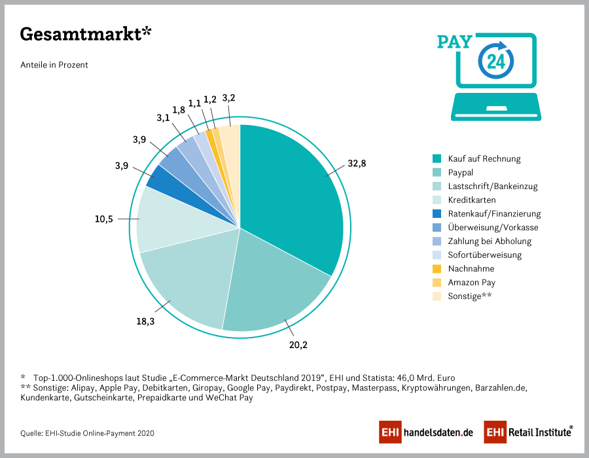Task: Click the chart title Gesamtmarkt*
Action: pyautogui.click(x=86, y=35)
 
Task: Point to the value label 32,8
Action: pyautogui.click(x=357, y=164)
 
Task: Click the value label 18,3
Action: pyautogui.click(x=147, y=321)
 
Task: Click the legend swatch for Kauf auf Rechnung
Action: pyautogui.click(x=437, y=159)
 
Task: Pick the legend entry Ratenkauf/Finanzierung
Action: pyautogui.click(x=494, y=214)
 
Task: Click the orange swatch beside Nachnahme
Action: pyautogui.click(x=437, y=269)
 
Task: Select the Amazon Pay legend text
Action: pyautogui.click(x=471, y=283)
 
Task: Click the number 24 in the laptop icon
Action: pyautogui.click(x=495, y=62)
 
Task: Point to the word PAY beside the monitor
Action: pyautogui.click(x=454, y=42)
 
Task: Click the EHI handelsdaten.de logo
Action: pyautogui.click(x=426, y=432)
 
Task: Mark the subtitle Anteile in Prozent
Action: pyautogui.click(x=54, y=65)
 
